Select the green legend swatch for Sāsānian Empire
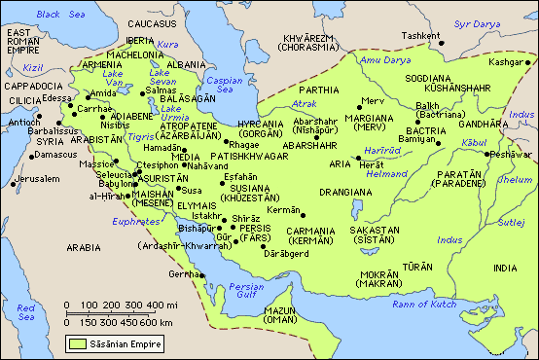(x=77, y=343)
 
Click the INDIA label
(x=506, y=269)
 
